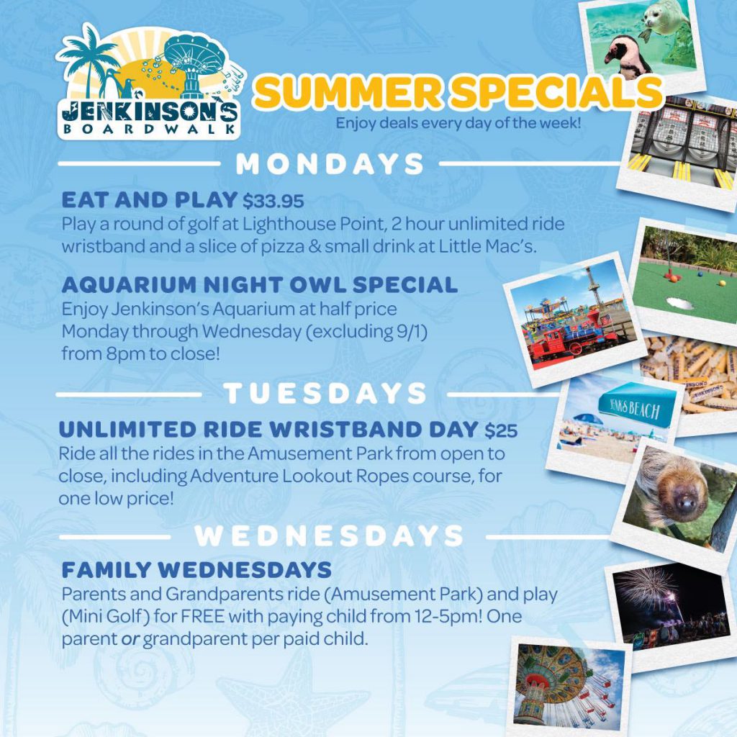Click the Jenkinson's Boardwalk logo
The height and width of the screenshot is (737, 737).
coord(150,83)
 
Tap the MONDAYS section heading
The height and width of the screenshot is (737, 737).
coord(330,164)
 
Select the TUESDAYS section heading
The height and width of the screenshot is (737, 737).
coord(325,394)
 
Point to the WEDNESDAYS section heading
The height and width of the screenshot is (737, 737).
coord(329,535)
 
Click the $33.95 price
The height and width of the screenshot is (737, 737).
coord(273,202)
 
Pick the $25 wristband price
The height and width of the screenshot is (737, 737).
coord(501,430)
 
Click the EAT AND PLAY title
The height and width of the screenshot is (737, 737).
coord(150,200)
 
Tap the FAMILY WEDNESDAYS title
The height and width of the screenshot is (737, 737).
coord(196,570)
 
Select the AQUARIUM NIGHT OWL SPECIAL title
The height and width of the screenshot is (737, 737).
coord(259,285)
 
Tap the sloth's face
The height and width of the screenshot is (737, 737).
coord(684,499)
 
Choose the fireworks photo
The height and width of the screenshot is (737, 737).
coord(672,606)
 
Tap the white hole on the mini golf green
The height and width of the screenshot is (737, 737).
coord(679,304)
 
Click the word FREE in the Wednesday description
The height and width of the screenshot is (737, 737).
coord(202,616)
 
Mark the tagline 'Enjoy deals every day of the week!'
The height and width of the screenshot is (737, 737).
coord(458,123)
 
